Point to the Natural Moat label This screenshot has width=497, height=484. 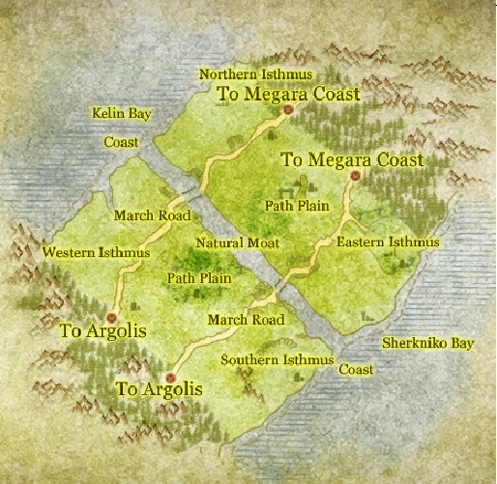(237, 242)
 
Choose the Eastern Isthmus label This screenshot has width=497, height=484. (389, 242)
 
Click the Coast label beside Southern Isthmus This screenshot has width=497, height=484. (356, 370)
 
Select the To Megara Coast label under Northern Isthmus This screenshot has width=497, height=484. (288, 94)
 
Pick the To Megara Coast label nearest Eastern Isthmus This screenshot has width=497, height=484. (354, 157)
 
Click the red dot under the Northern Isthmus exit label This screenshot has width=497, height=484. (288, 110)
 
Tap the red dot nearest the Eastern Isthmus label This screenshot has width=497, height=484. (356, 175)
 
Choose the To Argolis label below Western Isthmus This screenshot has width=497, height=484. (102, 330)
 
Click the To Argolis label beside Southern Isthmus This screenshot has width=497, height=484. (160, 389)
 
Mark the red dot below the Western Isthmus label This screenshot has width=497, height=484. (112, 315)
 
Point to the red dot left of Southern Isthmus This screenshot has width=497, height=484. (172, 377)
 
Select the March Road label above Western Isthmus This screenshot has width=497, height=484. (151, 214)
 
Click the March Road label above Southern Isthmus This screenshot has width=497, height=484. (246, 319)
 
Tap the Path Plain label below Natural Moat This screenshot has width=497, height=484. (199, 278)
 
